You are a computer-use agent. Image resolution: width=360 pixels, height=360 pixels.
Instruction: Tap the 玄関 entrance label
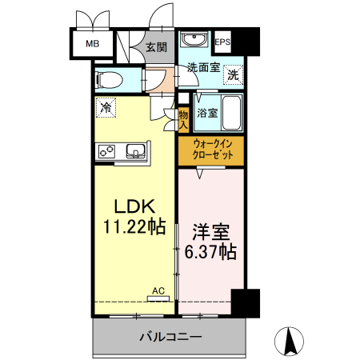(x=156, y=48)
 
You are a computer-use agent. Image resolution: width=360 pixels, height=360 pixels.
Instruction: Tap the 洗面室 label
(x=203, y=69)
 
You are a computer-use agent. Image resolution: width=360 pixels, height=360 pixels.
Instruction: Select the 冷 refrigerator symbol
(x=106, y=106)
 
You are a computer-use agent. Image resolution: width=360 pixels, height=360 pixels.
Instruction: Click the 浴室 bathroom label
(x=206, y=113)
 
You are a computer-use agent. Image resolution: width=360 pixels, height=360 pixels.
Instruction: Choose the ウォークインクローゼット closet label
(x=211, y=150)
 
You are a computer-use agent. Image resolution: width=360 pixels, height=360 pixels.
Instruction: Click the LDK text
(x=133, y=204)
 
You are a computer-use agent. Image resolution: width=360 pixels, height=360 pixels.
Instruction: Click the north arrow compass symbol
(x=291, y=342)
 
